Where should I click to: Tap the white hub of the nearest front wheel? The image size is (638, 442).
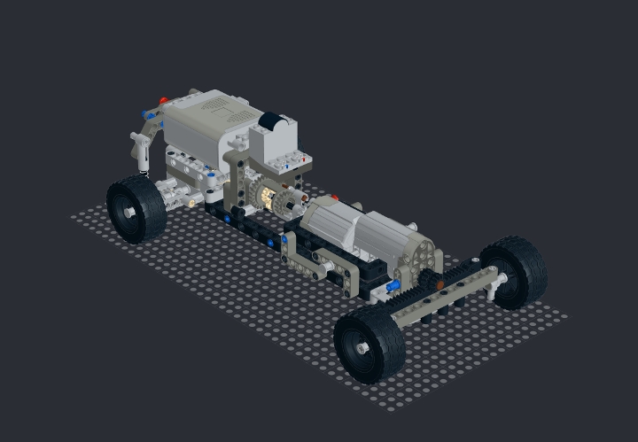pos(363,349)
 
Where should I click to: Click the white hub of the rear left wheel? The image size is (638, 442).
pos(130,213)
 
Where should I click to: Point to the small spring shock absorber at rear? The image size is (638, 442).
pos(139,151)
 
